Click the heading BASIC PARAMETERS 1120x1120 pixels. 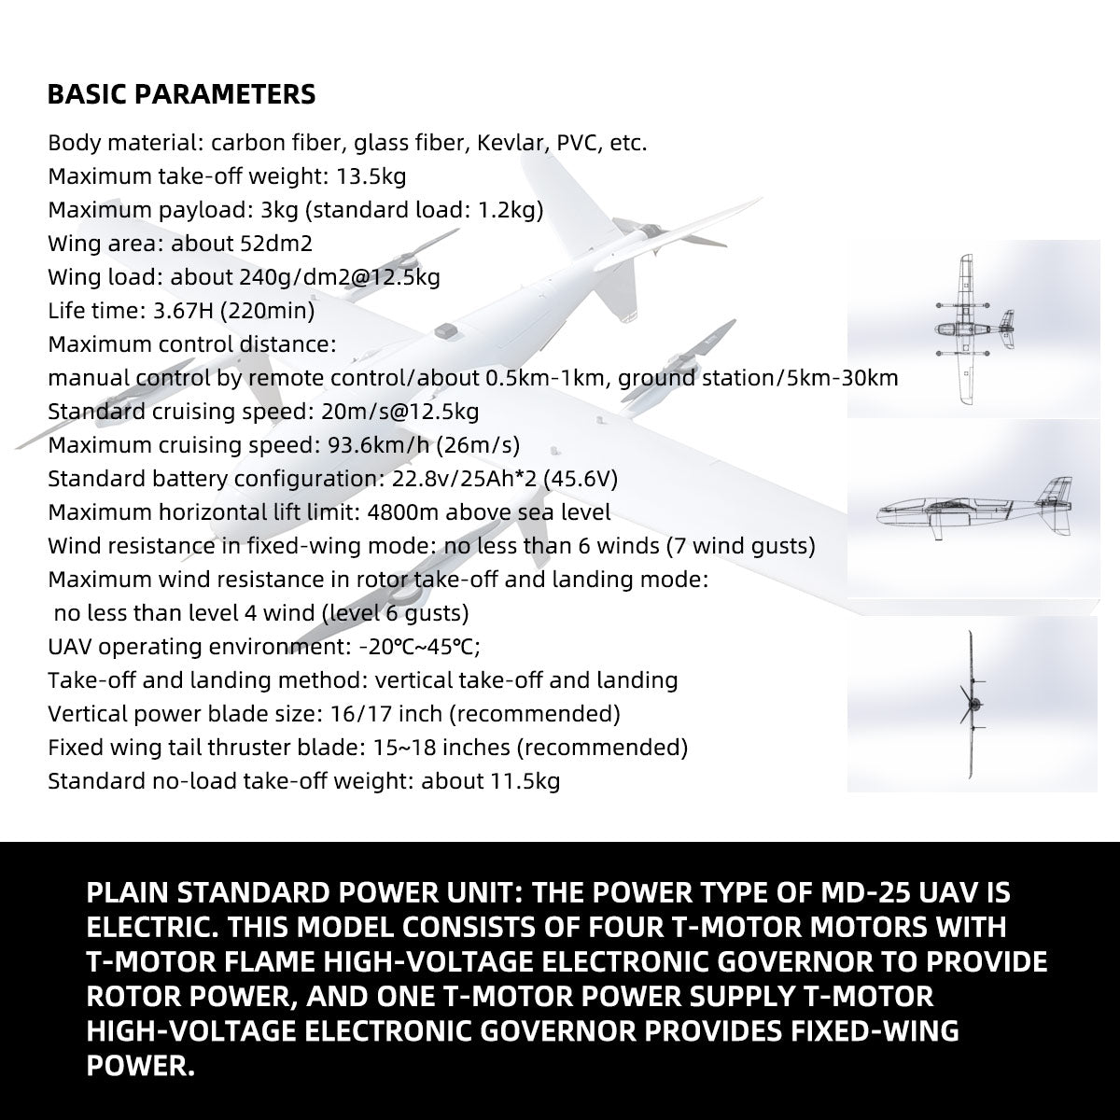[x=181, y=95]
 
